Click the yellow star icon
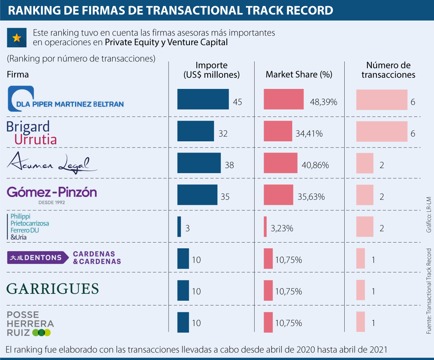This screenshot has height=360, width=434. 16,38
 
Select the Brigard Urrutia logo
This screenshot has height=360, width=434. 32,133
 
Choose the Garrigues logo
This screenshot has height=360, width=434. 53,288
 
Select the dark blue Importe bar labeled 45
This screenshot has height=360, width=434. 203,99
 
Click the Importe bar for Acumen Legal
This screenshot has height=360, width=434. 199,163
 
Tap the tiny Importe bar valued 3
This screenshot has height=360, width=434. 179,227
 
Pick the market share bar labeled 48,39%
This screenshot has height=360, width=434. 284,99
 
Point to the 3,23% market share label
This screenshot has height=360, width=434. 282,228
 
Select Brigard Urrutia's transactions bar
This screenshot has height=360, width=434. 382,131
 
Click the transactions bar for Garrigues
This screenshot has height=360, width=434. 361,290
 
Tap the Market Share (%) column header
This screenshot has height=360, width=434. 299,74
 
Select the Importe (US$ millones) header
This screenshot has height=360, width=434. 212,70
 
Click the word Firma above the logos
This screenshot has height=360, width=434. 18,74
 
